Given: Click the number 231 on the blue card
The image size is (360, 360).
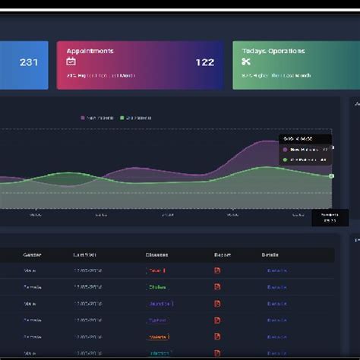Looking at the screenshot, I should tap(29, 62).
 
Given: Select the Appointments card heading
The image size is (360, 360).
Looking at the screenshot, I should tap(90, 51).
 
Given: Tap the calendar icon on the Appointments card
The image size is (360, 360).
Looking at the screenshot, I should tap(71, 62).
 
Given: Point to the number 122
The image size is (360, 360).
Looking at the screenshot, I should tap(205, 62).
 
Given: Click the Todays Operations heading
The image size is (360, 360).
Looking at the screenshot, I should tap(273, 51).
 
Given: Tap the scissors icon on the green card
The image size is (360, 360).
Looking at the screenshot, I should tap(247, 62).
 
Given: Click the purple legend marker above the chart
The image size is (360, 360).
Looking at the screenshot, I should tap(83, 118).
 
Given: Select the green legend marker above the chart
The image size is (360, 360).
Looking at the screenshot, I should tap(122, 118).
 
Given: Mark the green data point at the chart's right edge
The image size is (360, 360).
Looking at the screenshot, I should tap(331, 176).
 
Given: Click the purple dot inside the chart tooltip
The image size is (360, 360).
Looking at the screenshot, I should tap(286, 150).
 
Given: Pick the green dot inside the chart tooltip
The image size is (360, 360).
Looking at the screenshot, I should tap(286, 159).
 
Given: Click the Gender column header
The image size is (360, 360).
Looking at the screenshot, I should tap(33, 254).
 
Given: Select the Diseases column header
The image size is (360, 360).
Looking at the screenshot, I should tap(156, 254).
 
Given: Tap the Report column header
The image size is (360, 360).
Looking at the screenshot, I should tap(223, 254).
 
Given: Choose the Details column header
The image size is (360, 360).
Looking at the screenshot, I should tap(270, 254).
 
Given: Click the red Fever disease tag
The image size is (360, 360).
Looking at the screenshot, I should tap(156, 270).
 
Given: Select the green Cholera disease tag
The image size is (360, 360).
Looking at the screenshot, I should tap(157, 287).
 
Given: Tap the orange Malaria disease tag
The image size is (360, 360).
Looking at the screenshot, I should tap(158, 336).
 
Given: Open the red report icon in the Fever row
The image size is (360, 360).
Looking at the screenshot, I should tap(217, 270).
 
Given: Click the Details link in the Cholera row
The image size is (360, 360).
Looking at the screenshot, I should tap(276, 287).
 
